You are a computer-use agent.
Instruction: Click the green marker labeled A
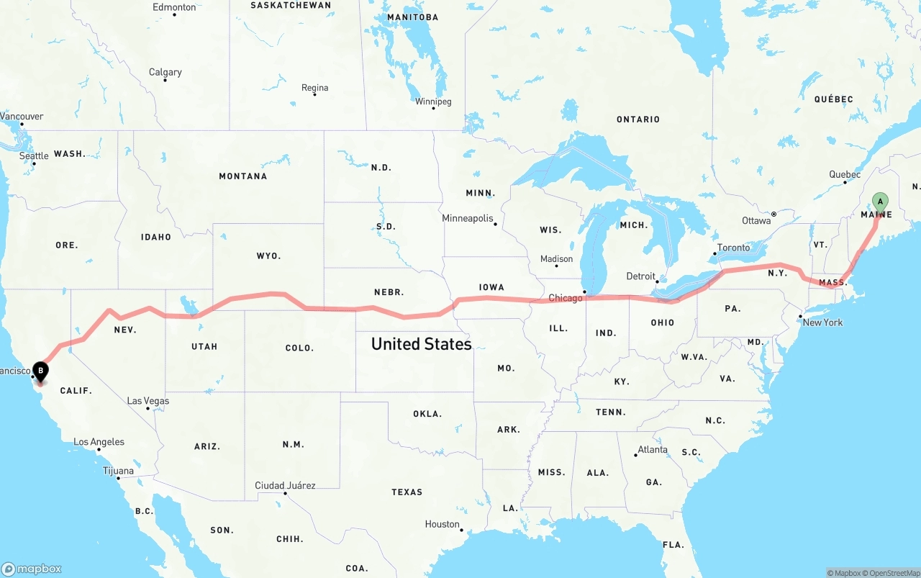[879, 202]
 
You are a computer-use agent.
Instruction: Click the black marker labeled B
[41, 371]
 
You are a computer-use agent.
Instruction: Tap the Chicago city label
[566, 298]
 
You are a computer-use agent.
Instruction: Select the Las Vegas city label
[148, 401]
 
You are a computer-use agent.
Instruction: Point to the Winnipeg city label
[433, 101]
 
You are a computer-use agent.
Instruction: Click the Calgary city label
[165, 72]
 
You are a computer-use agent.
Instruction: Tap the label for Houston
[442, 524]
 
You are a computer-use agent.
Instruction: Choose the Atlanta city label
[653, 450]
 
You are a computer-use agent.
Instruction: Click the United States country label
[421, 344]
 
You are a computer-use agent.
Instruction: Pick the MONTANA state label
[242, 176]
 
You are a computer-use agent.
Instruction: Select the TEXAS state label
[407, 492]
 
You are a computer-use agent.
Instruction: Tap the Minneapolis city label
[468, 218]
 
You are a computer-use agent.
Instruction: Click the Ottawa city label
[756, 221]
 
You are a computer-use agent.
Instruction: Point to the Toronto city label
[734, 248]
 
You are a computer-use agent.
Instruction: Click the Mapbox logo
[32, 569]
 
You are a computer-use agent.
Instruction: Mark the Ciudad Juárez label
[285, 486]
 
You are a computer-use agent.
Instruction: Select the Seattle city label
[34, 155]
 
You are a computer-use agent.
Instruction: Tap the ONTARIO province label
[638, 119]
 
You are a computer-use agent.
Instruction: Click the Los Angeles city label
[99, 442]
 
